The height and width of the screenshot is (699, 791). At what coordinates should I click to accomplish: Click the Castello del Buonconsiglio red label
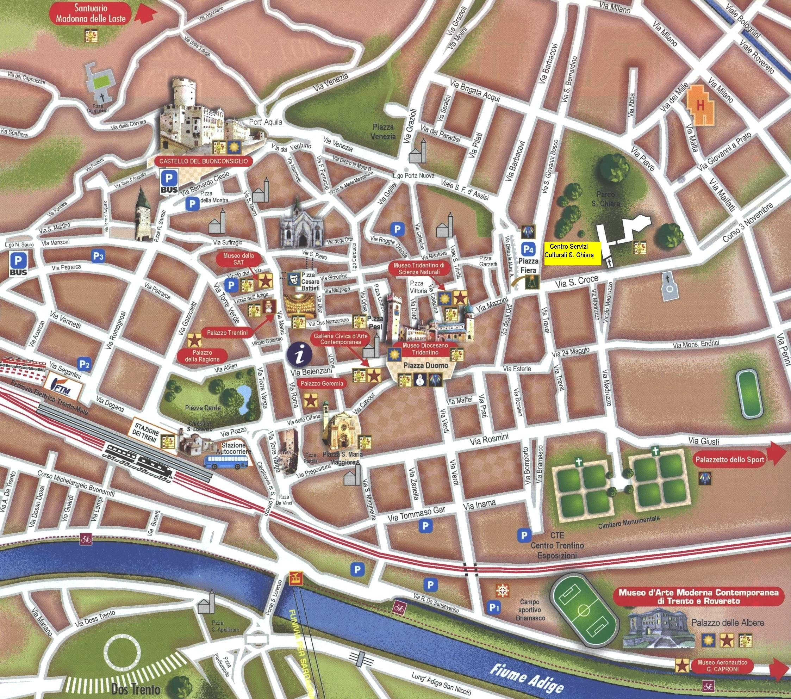tap(204, 161)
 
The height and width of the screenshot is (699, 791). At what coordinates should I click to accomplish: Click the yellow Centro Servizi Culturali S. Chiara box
tap(572, 254)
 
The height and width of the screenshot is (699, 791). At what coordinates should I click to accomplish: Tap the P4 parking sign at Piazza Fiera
tap(529, 248)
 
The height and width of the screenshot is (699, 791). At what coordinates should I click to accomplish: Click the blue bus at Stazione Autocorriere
tap(226, 462)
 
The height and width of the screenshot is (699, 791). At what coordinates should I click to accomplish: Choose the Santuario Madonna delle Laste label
tap(91, 13)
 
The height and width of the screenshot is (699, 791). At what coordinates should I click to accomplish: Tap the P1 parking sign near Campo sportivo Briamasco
tap(493, 608)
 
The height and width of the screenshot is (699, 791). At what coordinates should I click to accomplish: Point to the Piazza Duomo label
tap(426, 365)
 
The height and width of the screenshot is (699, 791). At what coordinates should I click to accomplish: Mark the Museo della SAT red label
tap(238, 259)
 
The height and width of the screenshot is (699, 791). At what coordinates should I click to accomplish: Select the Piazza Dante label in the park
tap(203, 408)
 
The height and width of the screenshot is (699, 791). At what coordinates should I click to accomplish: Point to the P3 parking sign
tap(98, 256)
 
